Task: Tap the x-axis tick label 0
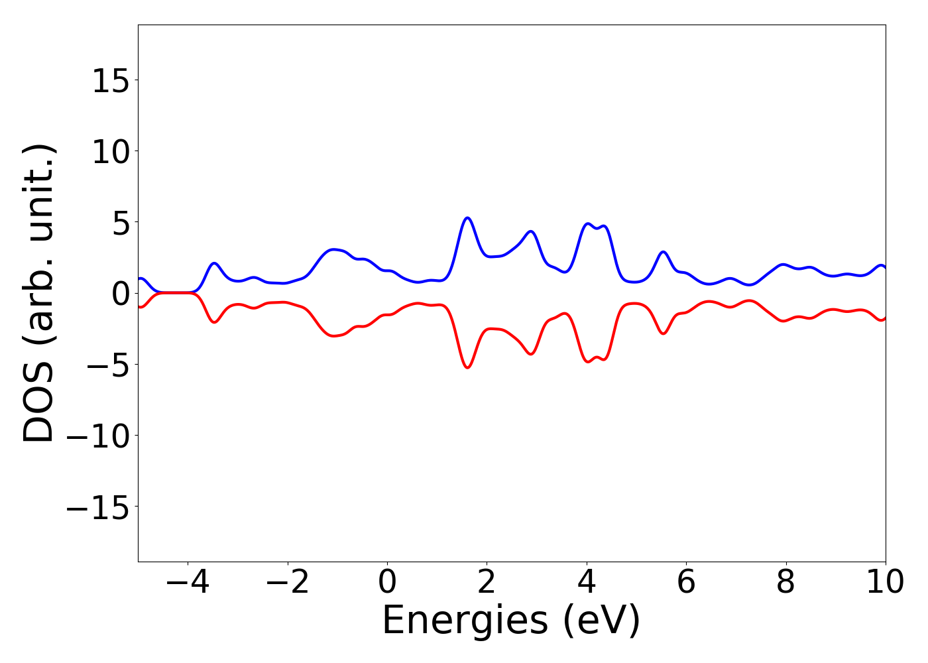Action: point(387,583)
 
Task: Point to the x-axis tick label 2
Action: point(487,583)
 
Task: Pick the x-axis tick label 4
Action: point(587,583)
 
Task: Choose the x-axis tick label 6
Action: point(686,583)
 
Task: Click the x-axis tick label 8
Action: point(785,583)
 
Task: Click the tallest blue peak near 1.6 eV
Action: point(467,217)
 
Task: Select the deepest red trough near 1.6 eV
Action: point(467,367)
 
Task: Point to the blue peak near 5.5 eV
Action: point(662,252)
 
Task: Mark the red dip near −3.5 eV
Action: point(214,322)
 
